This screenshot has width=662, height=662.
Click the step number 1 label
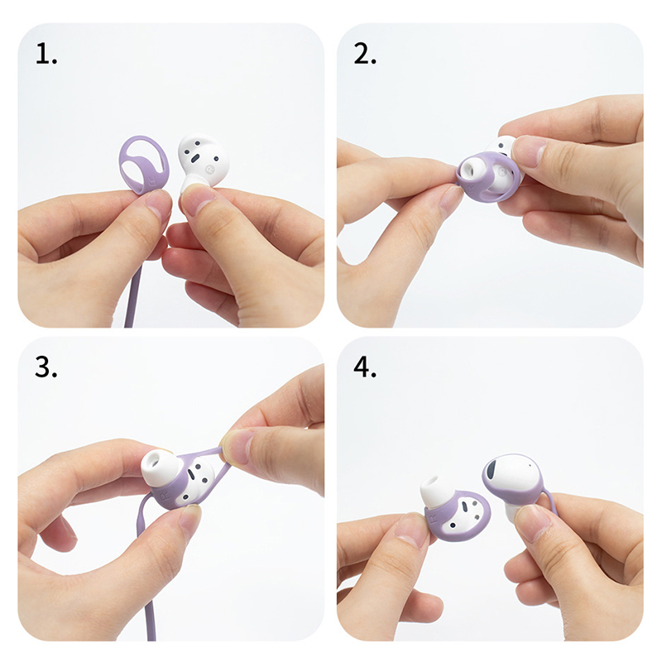click(46, 54)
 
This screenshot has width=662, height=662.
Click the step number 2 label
click(364, 54)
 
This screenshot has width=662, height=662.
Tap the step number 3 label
click(46, 367)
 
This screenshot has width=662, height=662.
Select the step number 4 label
click(365, 367)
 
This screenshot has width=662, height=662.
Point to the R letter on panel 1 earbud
click(210, 170)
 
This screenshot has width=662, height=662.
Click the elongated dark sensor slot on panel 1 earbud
click(195, 159)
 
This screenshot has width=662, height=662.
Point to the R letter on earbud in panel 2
click(502, 172)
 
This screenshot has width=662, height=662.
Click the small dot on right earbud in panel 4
click(530, 466)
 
